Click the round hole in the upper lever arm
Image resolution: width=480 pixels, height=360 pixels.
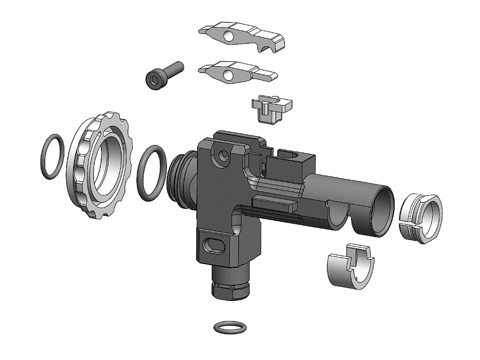[228, 36]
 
